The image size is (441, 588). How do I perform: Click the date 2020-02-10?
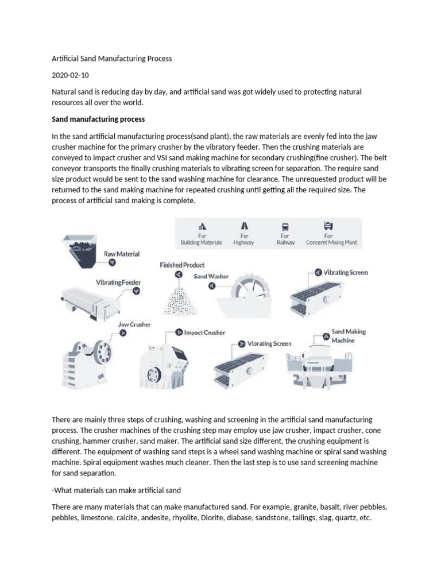[71, 75]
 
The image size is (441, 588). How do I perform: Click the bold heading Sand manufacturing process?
[98, 119]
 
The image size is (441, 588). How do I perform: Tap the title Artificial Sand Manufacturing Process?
[112, 59]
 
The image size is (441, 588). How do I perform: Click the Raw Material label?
[121, 253]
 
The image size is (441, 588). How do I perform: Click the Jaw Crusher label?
[134, 324]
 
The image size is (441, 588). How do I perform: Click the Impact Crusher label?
[204, 332]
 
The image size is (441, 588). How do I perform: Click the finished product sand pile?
[180, 299]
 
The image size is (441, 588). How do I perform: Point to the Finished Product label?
[182, 265]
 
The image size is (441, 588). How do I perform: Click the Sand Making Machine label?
[348, 336]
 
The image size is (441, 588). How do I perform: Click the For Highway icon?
[245, 226]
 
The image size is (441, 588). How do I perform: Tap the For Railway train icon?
[285, 226]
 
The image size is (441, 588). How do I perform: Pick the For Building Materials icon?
[202, 226]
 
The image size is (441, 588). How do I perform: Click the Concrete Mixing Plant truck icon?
[328, 225]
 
